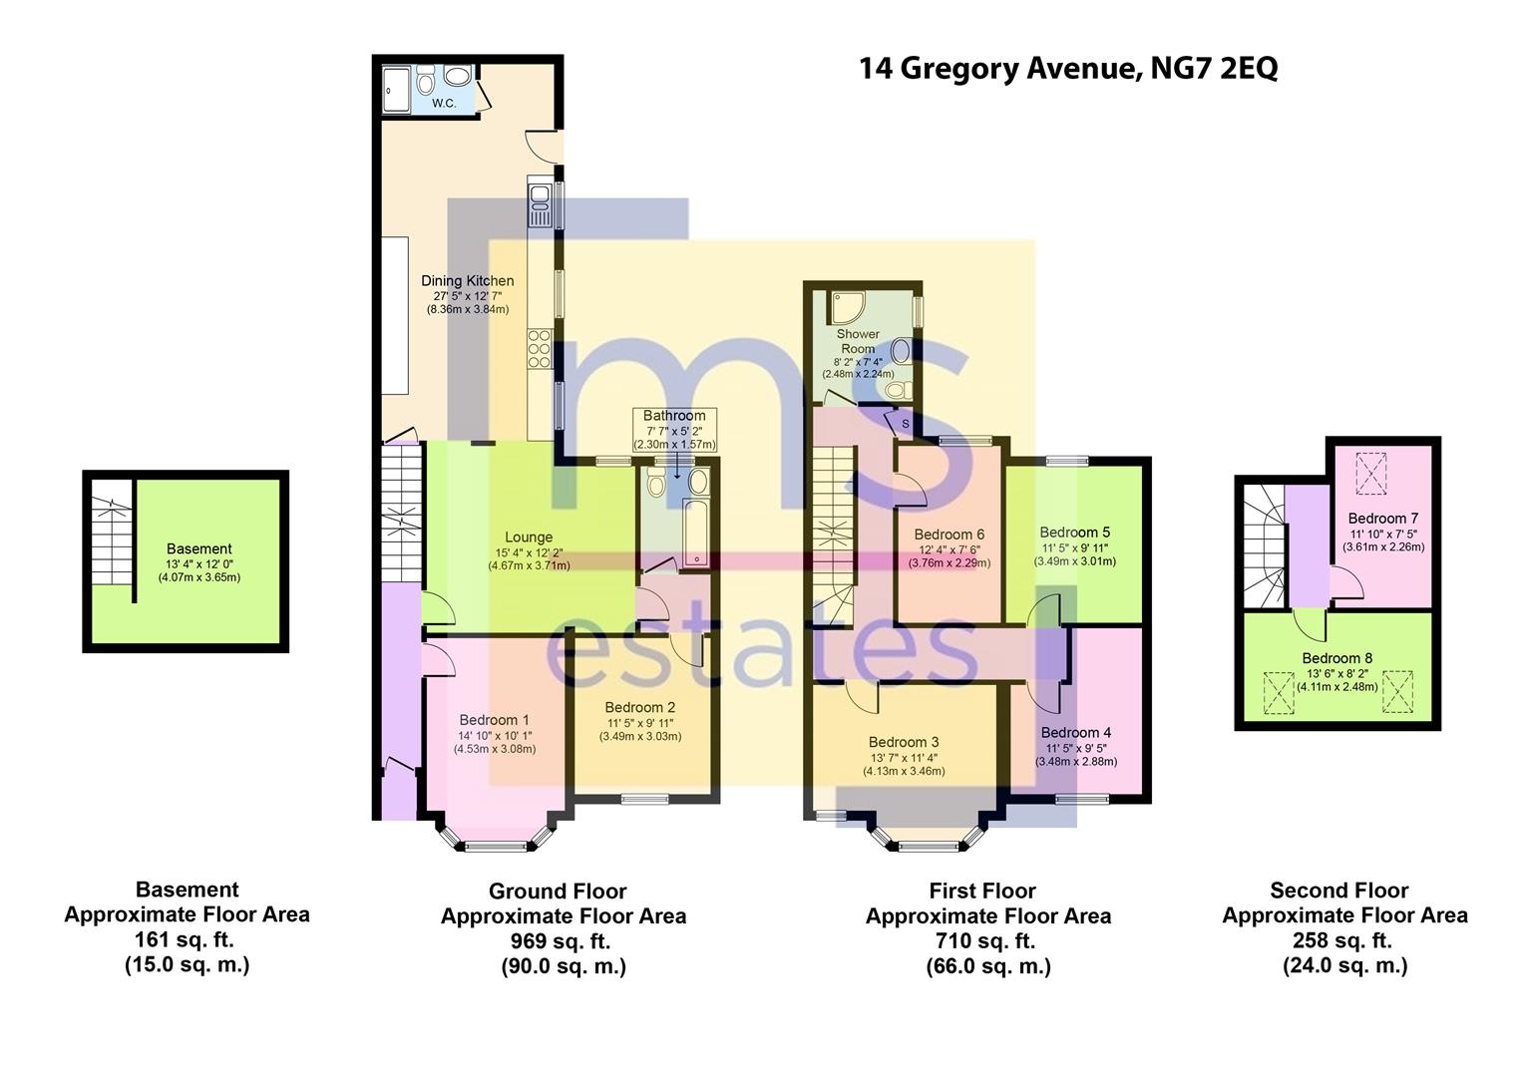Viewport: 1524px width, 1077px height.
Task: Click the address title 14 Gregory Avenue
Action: [x=996, y=69]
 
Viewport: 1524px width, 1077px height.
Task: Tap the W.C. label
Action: [x=444, y=104]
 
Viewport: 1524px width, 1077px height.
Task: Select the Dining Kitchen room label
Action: [x=468, y=280]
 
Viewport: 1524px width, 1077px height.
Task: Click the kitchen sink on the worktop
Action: [x=541, y=201]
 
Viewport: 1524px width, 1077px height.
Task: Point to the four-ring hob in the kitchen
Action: [x=540, y=349]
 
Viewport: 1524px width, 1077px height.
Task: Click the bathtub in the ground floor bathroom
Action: [x=695, y=533]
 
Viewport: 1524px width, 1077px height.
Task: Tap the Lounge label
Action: [x=529, y=537]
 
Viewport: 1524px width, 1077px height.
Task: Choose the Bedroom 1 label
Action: [x=494, y=720]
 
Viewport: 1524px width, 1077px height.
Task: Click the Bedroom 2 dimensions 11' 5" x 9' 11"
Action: [x=640, y=723]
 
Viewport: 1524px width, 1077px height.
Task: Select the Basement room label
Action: [x=199, y=548]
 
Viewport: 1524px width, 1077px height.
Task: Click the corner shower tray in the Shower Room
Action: [x=847, y=307]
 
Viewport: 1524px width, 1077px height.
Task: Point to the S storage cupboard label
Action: [x=906, y=423]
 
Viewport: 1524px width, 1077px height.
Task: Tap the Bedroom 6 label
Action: [x=950, y=535]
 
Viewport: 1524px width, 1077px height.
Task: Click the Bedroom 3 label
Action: [x=905, y=742]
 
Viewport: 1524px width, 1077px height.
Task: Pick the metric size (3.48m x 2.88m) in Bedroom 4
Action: [x=1076, y=761]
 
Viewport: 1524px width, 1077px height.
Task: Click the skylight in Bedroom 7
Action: [x=1371, y=473]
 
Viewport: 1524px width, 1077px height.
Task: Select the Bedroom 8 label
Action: [x=1336, y=658]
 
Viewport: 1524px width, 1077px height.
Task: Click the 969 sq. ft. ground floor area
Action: [x=561, y=941]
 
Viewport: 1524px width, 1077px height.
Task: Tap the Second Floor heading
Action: [x=1338, y=890]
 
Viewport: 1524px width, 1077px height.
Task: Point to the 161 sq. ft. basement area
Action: [x=185, y=939]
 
